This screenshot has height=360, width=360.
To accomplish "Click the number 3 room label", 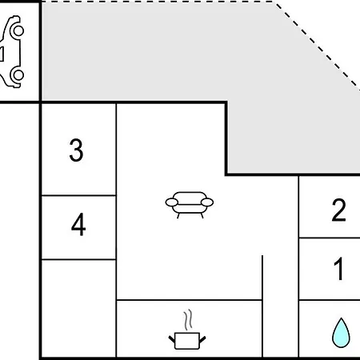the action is (x=76, y=150).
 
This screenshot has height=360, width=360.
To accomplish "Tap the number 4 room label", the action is (x=78, y=224).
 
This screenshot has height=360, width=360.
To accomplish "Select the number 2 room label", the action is (x=338, y=210).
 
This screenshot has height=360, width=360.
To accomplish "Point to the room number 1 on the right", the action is (x=339, y=269).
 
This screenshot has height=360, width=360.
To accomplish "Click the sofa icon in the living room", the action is (x=190, y=205).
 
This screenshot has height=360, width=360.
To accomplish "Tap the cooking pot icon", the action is (x=187, y=341).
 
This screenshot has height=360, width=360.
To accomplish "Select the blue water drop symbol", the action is (x=341, y=333).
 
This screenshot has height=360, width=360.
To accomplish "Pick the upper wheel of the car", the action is (x=18, y=30).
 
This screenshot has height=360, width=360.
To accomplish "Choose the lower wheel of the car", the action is (x=18, y=75).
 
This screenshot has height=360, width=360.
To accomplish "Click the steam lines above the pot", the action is (x=188, y=319).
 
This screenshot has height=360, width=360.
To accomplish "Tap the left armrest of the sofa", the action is (x=172, y=202).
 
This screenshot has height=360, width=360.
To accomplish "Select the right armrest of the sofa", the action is (x=207, y=202).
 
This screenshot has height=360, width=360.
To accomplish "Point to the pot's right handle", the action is (x=202, y=340).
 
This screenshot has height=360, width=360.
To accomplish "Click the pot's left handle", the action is (x=172, y=340).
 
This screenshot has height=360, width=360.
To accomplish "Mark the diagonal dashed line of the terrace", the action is (x=318, y=45).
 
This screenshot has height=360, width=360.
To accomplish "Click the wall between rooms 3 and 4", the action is (x=78, y=195).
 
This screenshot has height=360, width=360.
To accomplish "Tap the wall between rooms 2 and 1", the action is (x=330, y=238).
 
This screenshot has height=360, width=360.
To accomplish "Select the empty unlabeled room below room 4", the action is (x=78, y=308).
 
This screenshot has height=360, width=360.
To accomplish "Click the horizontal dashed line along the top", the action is (x=158, y=2).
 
